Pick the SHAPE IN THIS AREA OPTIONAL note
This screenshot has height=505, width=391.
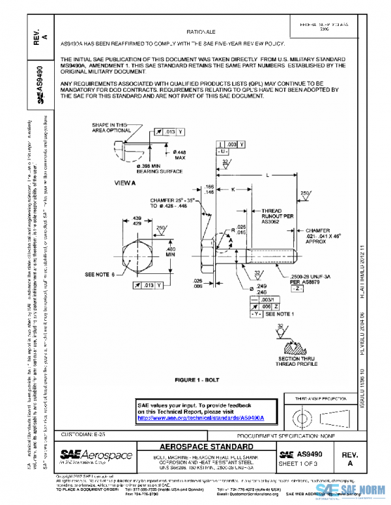click(x=109, y=127)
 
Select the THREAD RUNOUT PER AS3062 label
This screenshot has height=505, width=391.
click(x=270, y=215)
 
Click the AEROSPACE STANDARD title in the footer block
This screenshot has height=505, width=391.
click(x=206, y=448)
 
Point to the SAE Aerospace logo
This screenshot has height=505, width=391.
click(x=96, y=456)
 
